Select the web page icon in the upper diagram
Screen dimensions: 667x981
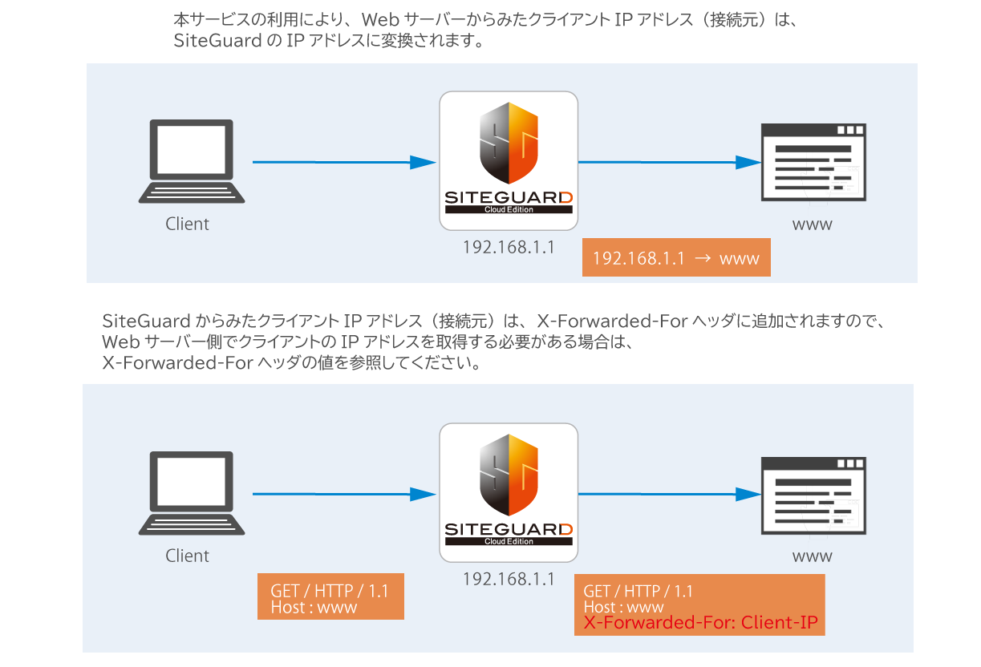(x=813, y=164)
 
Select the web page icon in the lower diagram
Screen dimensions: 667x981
(x=813, y=496)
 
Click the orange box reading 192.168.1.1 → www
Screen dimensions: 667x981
(x=675, y=258)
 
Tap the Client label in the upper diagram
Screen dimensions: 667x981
(x=187, y=224)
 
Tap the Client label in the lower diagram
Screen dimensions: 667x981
(x=187, y=556)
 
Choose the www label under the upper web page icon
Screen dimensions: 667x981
(x=812, y=224)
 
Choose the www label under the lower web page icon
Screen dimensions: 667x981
(x=812, y=556)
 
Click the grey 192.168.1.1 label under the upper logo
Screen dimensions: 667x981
(x=509, y=247)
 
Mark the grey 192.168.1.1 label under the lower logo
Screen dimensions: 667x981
(x=509, y=579)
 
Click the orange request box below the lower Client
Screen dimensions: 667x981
(x=330, y=596)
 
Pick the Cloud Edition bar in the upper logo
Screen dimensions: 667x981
(x=509, y=210)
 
